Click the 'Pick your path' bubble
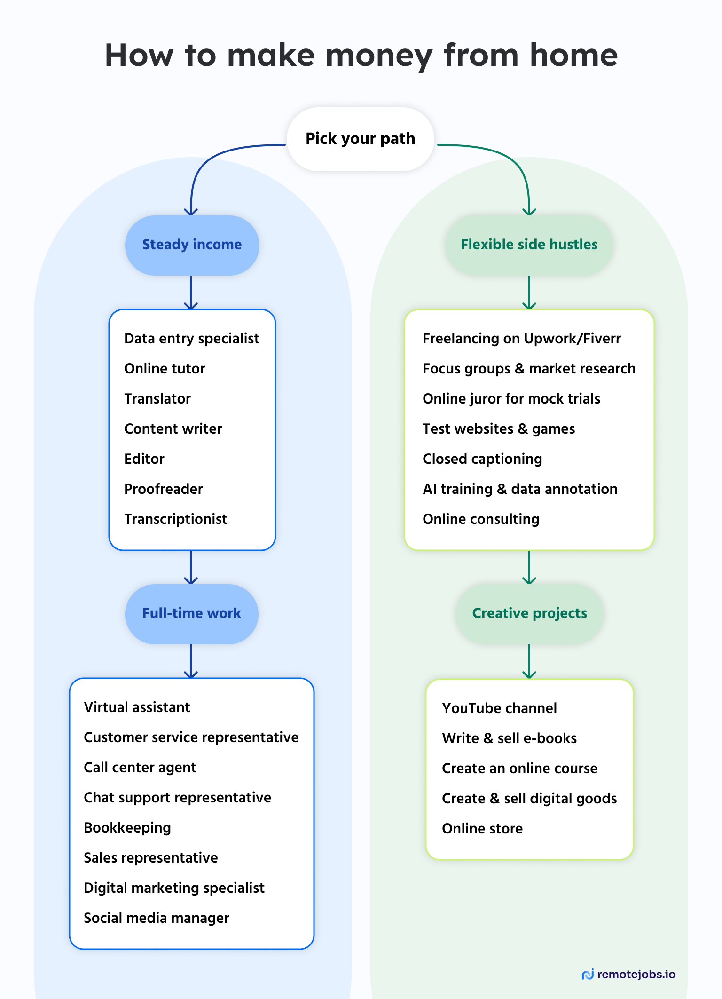point(360,139)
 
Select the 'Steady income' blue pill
point(192,245)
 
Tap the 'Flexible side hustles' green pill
point(529,245)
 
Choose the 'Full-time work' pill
point(191,614)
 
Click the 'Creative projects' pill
point(529,614)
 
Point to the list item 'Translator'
point(157,399)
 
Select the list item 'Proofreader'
point(164,489)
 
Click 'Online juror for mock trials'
point(511,399)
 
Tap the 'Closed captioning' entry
point(482,459)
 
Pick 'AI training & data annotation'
point(520,489)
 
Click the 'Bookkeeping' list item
point(127,828)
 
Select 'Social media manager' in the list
point(157,918)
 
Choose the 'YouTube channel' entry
point(499,708)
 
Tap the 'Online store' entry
point(482,829)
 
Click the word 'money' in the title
point(379,56)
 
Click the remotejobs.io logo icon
point(588,975)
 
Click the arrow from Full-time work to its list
point(191,661)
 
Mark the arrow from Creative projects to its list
point(529,661)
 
